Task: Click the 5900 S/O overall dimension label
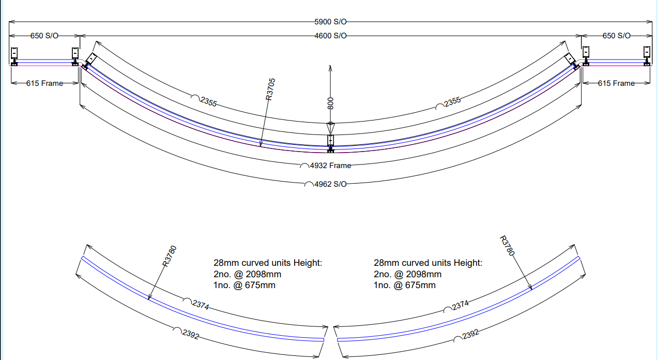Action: [x=330, y=22]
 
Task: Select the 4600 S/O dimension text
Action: [x=330, y=36]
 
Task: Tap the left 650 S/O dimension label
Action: [x=44, y=36]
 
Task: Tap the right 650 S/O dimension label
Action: [x=617, y=36]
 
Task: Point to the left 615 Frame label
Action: [x=44, y=83]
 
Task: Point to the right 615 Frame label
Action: [x=616, y=83]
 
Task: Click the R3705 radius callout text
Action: [x=270, y=89]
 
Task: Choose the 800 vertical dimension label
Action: [x=330, y=103]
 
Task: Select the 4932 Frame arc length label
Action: [x=330, y=166]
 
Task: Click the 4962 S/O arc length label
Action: [x=330, y=184]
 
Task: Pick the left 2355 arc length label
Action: [x=208, y=102]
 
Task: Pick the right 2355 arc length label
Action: [x=452, y=102]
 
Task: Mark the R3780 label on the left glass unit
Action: [x=170, y=256]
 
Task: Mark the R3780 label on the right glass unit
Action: [x=507, y=246]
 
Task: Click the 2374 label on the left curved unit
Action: [x=201, y=305]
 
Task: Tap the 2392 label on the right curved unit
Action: [x=470, y=335]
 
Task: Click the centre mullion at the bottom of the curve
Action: [x=331, y=144]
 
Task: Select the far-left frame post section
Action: [x=14, y=56]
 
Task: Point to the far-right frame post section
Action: [x=647, y=56]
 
